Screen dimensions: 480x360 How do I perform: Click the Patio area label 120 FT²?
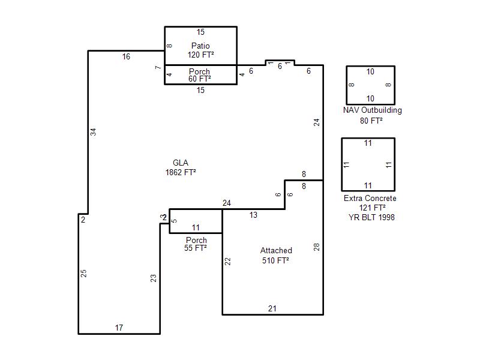pyautogui.click(x=200, y=55)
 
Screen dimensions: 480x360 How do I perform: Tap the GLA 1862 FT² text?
pyautogui.click(x=181, y=168)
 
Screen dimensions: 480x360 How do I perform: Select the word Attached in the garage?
pyautogui.click(x=276, y=250)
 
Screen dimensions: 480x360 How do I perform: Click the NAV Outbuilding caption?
pyautogui.click(x=372, y=110)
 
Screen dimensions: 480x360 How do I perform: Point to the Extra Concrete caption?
pyautogui.click(x=370, y=199)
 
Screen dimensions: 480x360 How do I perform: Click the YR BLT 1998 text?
pyautogui.click(x=371, y=217)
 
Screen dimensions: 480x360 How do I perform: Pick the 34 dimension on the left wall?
pyautogui.click(x=94, y=132)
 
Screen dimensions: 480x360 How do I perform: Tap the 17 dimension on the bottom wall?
pyautogui.click(x=119, y=328)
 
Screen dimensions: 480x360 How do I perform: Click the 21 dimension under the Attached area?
pyautogui.click(x=272, y=308)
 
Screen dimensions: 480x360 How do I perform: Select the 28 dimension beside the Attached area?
pyautogui.click(x=317, y=247)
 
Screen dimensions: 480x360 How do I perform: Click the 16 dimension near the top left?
pyautogui.click(x=126, y=56)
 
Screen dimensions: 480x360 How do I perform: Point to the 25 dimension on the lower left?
pyautogui.click(x=83, y=274)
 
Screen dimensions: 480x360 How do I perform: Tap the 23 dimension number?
pyautogui.click(x=154, y=278)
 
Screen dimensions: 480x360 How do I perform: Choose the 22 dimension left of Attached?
pyautogui.click(x=227, y=262)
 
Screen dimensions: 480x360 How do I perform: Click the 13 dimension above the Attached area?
pyautogui.click(x=253, y=215)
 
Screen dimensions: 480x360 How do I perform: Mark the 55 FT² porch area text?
pyautogui.click(x=196, y=248)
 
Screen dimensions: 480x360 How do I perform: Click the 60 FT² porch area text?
pyautogui.click(x=200, y=79)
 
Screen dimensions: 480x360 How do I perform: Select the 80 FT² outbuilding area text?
pyautogui.click(x=371, y=121)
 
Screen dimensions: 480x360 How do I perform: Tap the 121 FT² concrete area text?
pyautogui.click(x=372, y=208)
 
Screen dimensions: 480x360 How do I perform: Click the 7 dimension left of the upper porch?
pyautogui.click(x=158, y=67)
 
